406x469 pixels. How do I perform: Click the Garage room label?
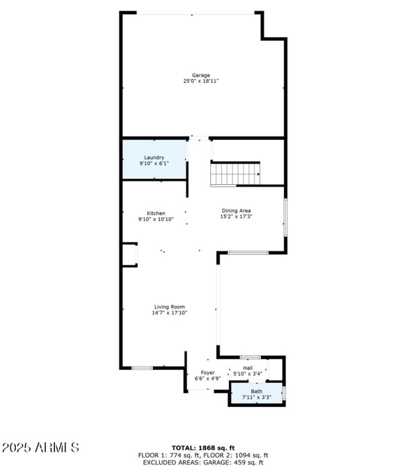[x=201, y=75]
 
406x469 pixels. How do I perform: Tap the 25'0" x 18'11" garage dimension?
[x=201, y=81]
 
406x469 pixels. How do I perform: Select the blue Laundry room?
[x=154, y=159]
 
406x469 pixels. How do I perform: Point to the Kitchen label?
[x=156, y=213]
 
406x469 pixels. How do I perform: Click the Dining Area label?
[x=236, y=210]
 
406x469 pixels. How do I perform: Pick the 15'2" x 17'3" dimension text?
[x=236, y=216]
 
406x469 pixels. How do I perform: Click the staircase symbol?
[x=235, y=174]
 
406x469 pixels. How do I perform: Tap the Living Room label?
[x=170, y=307]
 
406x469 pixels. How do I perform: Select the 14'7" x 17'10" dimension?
[x=170, y=313]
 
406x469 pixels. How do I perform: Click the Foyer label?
[x=208, y=372]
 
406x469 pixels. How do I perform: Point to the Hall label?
[x=248, y=368]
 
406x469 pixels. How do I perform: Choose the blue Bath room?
[x=256, y=394]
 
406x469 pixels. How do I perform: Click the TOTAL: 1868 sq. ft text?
[x=203, y=448]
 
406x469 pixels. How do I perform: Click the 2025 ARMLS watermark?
[x=41, y=448]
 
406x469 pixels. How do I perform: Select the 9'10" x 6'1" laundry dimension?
[x=154, y=163]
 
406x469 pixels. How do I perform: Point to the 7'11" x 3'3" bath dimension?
[x=256, y=397]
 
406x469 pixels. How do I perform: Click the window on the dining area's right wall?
[x=285, y=217]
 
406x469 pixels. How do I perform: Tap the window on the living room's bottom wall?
[x=142, y=367]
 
